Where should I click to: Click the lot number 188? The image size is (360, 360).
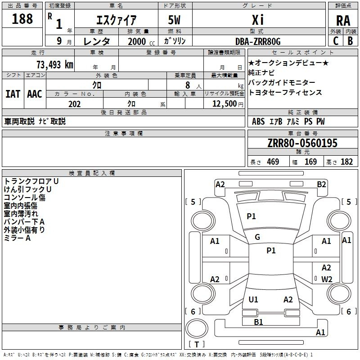[x=22, y=18]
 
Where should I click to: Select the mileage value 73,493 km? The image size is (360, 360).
[x=55, y=64]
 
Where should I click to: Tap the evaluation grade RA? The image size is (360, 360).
[x=343, y=21]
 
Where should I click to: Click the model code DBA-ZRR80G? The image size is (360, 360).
[x=258, y=41]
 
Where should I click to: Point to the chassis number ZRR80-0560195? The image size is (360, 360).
[x=302, y=143]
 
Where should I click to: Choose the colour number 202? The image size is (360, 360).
[x=74, y=104]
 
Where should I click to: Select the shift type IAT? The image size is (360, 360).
[x=13, y=94]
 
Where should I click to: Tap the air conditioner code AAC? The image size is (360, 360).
[x=35, y=94]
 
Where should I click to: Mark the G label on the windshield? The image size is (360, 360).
[x=257, y=237]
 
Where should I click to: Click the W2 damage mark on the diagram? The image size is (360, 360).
[x=327, y=279]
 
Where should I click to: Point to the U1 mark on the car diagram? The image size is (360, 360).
[x=253, y=299]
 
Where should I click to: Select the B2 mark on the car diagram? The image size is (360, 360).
[x=321, y=184]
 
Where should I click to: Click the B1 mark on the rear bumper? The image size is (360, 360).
[x=258, y=322]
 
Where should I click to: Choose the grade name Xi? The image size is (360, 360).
[x=258, y=20]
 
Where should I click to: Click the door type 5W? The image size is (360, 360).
[x=174, y=20]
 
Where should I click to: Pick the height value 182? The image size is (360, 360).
[x=346, y=162]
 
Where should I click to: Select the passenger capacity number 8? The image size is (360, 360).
[x=188, y=85]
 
